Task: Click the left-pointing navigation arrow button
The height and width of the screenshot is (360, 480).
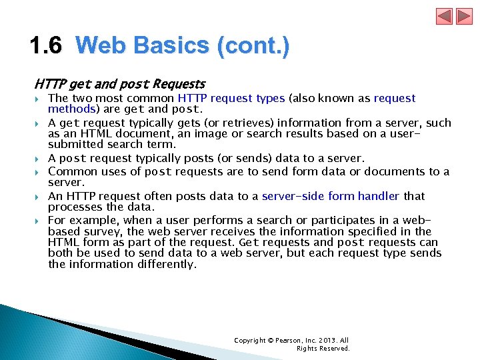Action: point(444,16)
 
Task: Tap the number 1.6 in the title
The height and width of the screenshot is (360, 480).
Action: point(46,46)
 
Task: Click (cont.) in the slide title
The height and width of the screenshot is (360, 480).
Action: point(253,46)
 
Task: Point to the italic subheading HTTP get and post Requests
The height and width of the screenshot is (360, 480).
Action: point(120,84)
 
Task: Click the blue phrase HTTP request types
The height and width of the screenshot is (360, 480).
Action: point(231,99)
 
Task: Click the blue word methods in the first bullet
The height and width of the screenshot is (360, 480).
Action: point(70,109)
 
